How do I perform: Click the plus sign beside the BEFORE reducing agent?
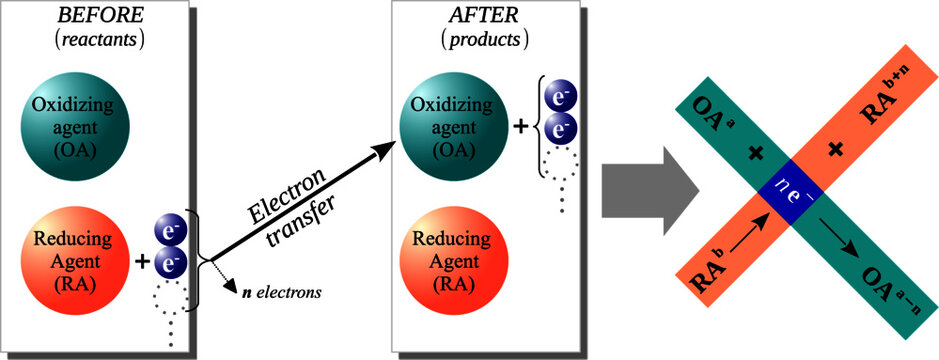point(142,262)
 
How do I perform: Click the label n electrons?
point(279,293)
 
